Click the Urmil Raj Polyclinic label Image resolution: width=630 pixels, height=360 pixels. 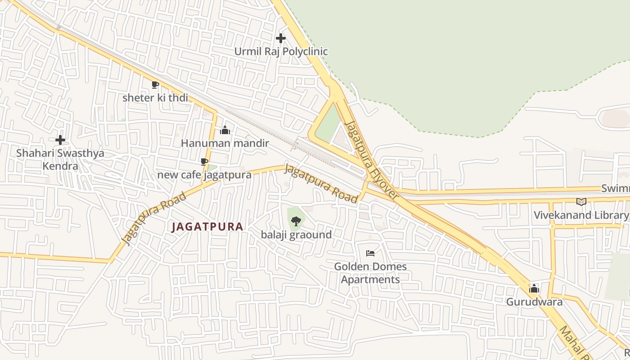point(281,51)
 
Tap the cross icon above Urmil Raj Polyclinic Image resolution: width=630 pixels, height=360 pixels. point(281,38)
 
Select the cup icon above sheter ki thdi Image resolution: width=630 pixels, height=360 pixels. point(155,85)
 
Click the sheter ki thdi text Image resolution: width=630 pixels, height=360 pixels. point(155,98)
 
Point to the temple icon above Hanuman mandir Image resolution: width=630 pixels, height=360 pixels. point(225,130)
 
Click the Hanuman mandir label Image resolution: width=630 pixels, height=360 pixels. point(225,143)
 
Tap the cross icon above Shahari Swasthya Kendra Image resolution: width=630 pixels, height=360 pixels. point(60,140)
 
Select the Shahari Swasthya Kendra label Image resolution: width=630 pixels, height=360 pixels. point(60,159)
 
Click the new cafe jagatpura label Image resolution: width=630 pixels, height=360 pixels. point(204,175)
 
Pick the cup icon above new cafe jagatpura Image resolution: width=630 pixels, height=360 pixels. point(204,162)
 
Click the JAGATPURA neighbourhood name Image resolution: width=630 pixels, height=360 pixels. point(207,227)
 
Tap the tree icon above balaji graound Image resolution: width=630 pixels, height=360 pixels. point(296,221)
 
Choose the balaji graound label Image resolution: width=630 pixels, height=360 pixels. point(296,234)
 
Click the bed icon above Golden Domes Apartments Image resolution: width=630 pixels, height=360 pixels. point(370,253)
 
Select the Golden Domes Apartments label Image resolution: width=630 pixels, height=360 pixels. point(370,273)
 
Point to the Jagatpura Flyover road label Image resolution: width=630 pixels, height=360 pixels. point(372,160)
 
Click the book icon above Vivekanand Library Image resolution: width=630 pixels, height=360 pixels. point(581,202)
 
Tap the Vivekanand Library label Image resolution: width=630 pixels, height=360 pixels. point(580,215)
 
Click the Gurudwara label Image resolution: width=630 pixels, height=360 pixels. point(534,301)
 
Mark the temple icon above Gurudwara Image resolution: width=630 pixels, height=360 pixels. point(534,288)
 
